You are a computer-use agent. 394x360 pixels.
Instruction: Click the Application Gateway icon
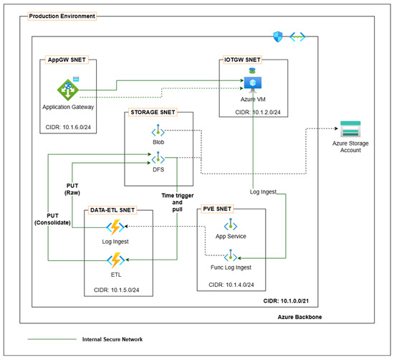[x=68, y=90]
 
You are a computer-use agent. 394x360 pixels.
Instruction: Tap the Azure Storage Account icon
[x=350, y=129]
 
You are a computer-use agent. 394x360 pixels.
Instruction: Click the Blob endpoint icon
[x=158, y=131]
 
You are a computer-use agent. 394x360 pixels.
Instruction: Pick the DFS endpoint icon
[x=158, y=158]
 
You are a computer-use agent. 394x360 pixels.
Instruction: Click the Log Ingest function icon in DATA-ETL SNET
[x=115, y=227]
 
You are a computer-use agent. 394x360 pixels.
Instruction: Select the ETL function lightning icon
[x=116, y=260]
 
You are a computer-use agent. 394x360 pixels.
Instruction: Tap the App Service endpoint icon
[x=231, y=224]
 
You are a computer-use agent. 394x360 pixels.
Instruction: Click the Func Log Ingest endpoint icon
[x=231, y=255]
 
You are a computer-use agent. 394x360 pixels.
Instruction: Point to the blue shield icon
[x=278, y=37]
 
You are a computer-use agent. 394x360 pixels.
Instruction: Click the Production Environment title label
[x=62, y=16]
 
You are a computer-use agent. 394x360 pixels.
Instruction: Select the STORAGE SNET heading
[x=153, y=112]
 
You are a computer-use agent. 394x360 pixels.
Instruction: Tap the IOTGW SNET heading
[x=242, y=60]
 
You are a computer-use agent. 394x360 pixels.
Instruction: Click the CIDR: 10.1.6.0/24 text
[x=68, y=127]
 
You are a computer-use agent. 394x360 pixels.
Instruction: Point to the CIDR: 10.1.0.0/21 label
[x=286, y=301]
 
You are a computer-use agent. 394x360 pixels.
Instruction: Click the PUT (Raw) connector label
[x=72, y=189]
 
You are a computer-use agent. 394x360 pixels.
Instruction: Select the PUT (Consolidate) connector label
[x=52, y=219]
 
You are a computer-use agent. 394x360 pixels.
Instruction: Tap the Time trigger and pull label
[x=178, y=202]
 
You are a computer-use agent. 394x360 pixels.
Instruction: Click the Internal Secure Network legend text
[x=112, y=339]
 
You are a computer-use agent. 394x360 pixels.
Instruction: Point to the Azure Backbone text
[x=299, y=317]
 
